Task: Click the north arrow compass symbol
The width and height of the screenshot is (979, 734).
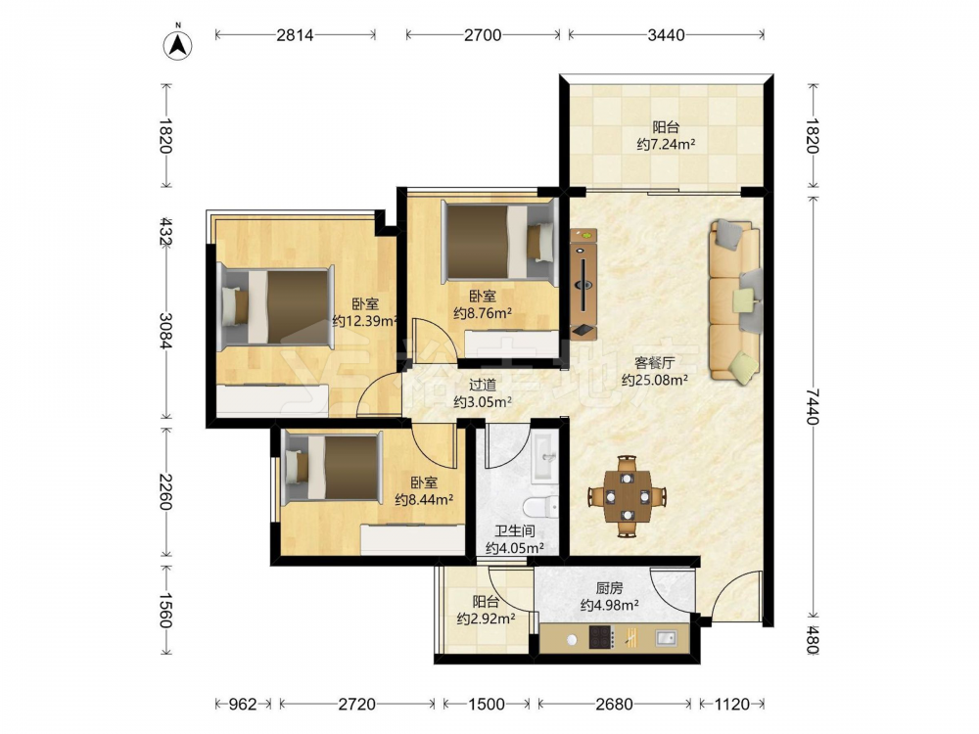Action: tap(177, 45)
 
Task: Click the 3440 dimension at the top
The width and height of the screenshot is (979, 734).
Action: tap(666, 35)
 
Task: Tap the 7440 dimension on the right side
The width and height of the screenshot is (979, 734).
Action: tap(812, 406)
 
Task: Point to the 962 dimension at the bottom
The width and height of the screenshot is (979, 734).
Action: tap(242, 704)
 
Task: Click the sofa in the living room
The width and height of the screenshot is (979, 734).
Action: tap(735, 301)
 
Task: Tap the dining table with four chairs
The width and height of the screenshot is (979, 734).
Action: tap(627, 496)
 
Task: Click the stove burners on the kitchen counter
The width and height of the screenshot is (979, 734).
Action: tap(601, 638)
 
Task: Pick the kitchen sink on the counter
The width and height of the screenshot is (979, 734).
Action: tap(666, 638)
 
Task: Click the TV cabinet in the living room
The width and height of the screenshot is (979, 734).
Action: tap(583, 284)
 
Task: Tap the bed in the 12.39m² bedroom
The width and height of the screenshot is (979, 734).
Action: tap(275, 305)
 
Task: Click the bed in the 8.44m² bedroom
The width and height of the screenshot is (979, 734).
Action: tap(331, 468)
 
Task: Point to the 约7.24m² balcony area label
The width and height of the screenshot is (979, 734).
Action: tap(666, 145)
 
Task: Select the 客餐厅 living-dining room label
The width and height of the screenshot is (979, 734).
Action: tap(654, 363)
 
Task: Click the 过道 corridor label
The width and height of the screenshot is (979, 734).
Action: tap(483, 385)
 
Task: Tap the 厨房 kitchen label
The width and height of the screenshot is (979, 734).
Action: tap(609, 588)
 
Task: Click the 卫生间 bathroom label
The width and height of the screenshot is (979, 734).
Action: tap(515, 531)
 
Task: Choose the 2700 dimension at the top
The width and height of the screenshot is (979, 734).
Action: tap(483, 35)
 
